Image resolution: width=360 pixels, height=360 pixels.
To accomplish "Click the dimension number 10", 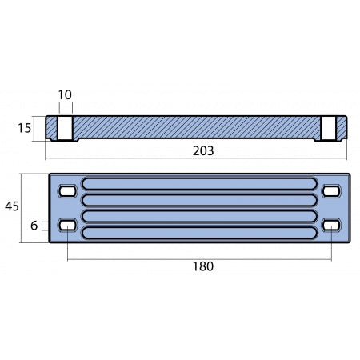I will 65,95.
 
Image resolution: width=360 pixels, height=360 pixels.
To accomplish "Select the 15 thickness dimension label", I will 26,127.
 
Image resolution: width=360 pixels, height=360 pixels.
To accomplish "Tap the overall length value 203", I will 204,150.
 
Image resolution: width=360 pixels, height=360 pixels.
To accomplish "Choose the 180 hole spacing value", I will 204,267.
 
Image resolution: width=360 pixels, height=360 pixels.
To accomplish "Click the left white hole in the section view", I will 66,126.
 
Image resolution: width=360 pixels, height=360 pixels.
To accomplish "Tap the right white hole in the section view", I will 329,126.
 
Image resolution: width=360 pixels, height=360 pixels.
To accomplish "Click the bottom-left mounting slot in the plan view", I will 68,226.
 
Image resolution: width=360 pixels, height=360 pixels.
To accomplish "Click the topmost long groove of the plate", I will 200,183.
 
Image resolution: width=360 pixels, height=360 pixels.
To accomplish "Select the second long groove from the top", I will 200,200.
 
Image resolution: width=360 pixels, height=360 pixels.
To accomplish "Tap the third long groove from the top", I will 200,217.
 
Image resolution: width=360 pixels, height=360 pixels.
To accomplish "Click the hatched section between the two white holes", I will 196,126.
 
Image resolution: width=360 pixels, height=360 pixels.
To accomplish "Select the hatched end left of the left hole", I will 50,127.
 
